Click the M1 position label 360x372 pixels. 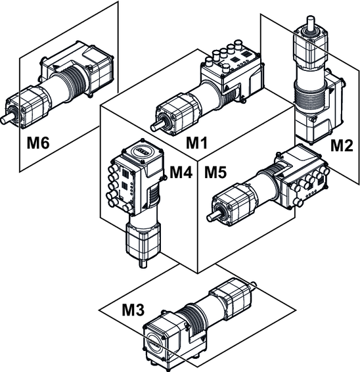[x=196, y=143]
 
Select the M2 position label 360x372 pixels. [x=342, y=145]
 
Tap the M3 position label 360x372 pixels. [x=133, y=310]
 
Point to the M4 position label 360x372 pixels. [x=181, y=172]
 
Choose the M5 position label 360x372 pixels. [x=215, y=172]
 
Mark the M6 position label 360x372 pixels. [x=38, y=143]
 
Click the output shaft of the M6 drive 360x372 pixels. [x=5, y=120]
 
